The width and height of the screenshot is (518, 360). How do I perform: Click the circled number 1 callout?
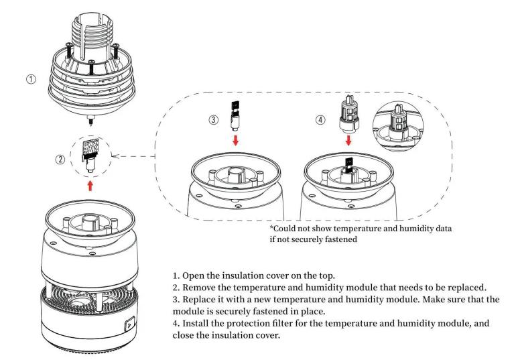31,79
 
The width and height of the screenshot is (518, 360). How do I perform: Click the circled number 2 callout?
60,160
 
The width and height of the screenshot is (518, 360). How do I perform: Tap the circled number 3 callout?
213,119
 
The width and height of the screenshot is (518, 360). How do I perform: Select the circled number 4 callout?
320,119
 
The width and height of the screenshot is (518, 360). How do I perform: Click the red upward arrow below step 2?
90,186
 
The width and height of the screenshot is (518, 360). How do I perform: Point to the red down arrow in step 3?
235,140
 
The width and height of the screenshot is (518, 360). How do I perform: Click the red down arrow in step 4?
348,140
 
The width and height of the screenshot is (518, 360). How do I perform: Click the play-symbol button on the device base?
129,324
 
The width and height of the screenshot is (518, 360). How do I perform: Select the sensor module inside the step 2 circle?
90,154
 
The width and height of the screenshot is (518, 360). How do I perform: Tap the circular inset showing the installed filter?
398,126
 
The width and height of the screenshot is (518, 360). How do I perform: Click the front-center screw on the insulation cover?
92,68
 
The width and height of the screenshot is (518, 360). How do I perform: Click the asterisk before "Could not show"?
272,227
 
